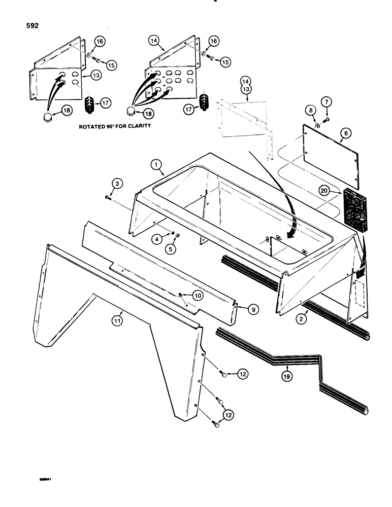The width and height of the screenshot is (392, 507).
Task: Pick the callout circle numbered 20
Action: (x=323, y=191)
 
